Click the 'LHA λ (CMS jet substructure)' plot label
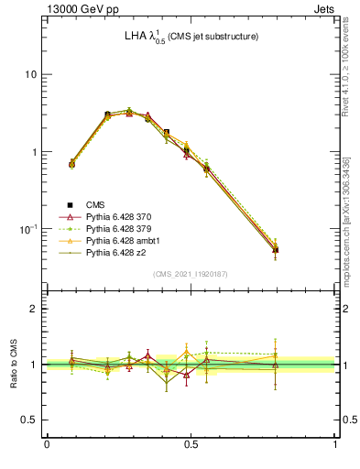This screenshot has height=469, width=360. tap(191, 38)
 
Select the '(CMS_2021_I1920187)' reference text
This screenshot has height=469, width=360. tap(191, 273)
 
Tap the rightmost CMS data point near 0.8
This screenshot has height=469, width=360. tap(276, 249)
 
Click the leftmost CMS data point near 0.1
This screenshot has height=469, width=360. tap(72, 164)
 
